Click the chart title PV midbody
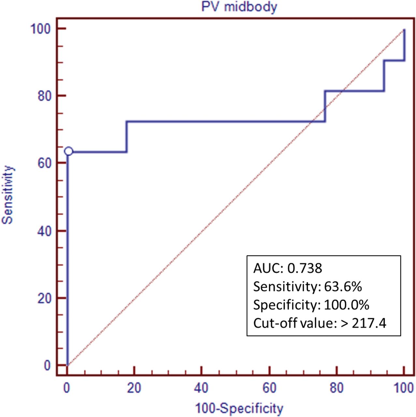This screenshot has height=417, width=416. coord(239,7)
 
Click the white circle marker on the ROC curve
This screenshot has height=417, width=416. coord(68,151)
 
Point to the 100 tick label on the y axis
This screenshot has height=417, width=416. coord(41,29)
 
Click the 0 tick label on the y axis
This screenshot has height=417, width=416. coord(48,365)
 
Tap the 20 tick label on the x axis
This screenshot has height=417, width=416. coord(134,388)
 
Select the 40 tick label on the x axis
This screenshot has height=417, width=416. coord(201,388)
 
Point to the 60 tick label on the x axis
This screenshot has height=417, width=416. coord(269,388)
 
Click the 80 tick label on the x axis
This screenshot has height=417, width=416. coord(337,388)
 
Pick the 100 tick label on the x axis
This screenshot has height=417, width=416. coord(404,388)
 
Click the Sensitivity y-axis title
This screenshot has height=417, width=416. coord(8,195)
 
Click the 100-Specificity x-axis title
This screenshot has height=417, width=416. coord(239,408)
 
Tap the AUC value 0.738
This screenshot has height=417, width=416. coord(305,268)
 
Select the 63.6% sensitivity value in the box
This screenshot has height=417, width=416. coord(343,287)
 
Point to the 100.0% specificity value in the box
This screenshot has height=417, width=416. coord(347,305)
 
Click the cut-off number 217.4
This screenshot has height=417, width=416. coord(369,323)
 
